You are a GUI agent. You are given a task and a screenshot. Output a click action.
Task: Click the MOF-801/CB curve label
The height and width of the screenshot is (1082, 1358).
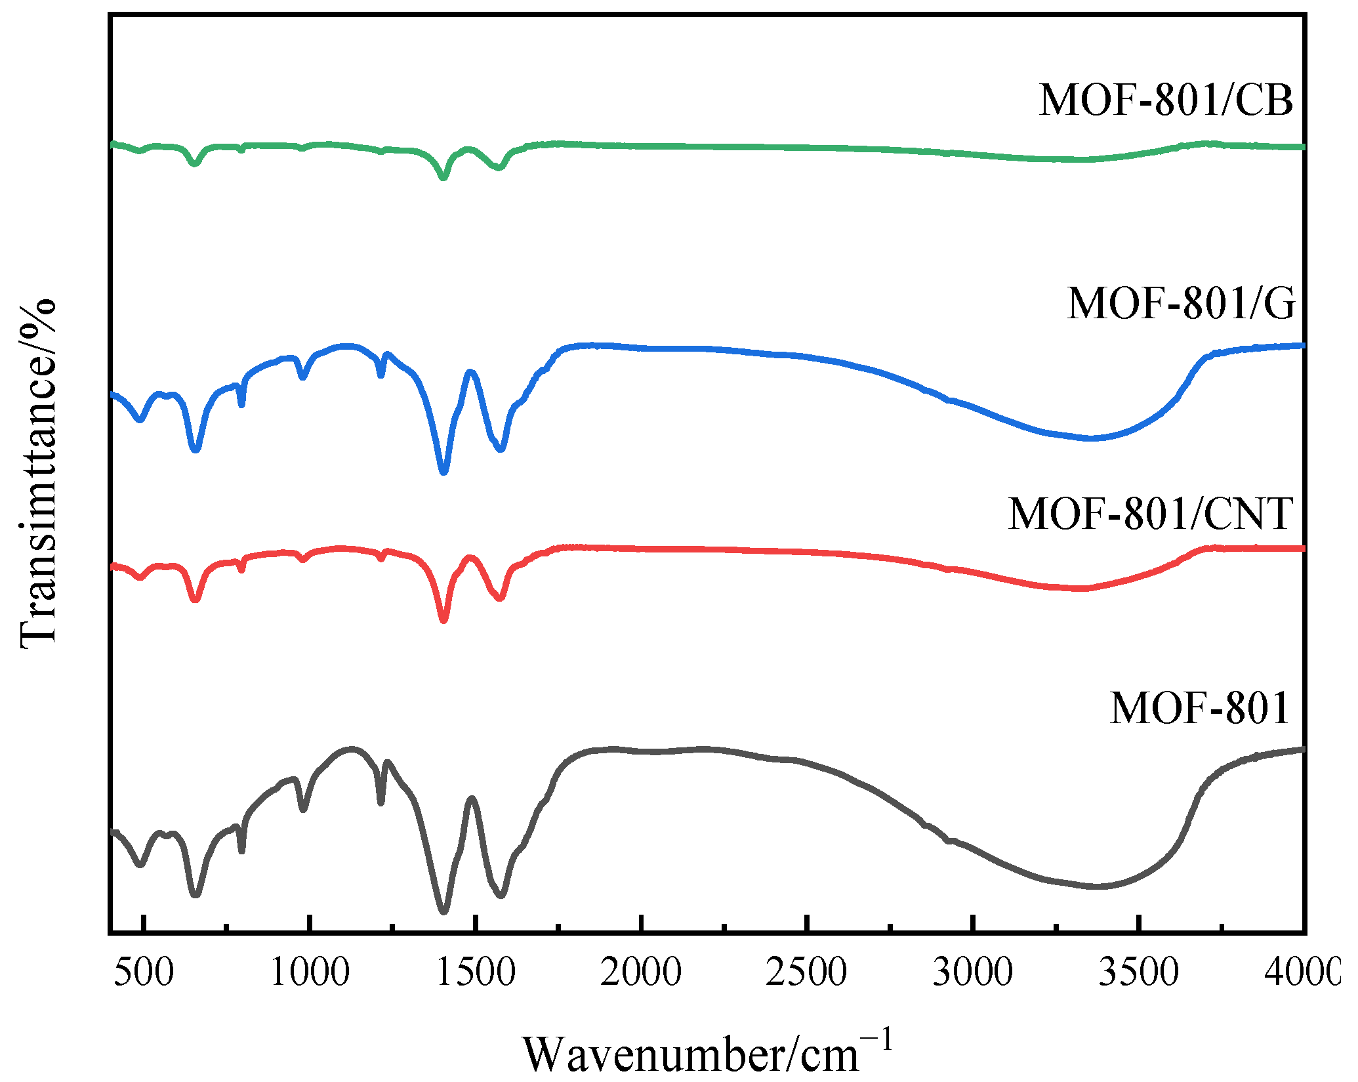[x=1166, y=100]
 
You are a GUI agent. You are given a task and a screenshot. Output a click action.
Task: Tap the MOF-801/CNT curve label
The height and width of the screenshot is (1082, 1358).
[x=1151, y=513]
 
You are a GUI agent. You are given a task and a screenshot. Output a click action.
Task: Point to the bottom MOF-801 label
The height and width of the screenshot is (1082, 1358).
[x=1200, y=708]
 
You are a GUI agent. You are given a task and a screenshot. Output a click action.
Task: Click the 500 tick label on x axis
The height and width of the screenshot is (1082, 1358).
[x=144, y=972]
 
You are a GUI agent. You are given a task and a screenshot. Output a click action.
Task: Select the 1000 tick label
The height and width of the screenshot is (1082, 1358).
[x=310, y=972]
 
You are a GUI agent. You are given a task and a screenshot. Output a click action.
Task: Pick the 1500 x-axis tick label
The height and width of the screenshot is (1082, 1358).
[x=476, y=972]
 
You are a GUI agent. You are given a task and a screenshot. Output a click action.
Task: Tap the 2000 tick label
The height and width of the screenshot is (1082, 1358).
[x=642, y=972]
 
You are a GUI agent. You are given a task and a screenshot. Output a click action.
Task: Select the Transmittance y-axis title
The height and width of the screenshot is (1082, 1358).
[x=38, y=472]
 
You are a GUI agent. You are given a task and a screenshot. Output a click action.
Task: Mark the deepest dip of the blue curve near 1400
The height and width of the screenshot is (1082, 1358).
[x=443, y=471]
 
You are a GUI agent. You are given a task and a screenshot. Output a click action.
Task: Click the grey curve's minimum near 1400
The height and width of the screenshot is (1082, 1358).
[x=443, y=911]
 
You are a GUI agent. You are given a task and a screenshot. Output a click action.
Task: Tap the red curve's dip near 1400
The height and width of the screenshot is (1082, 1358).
[x=443, y=619]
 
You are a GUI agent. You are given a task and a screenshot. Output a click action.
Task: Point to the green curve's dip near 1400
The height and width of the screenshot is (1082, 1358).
[x=443, y=177]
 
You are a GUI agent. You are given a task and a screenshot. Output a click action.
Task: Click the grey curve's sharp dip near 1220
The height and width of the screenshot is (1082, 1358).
[x=381, y=802]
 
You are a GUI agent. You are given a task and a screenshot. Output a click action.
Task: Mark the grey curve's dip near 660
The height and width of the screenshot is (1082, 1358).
[x=195, y=894]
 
